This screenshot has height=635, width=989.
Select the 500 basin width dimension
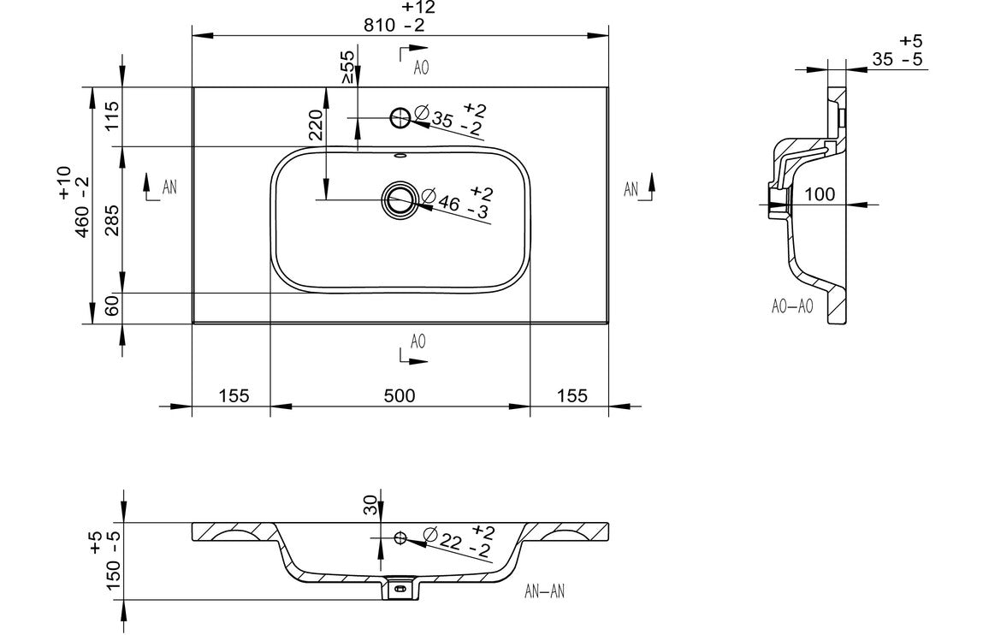coord(400,395)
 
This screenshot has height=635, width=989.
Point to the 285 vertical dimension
coord(112,220)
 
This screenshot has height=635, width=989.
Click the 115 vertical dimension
coord(112,116)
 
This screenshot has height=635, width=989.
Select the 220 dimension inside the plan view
coord(315,127)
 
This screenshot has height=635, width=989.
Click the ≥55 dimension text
coord(348,66)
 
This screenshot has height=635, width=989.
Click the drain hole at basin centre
coord(399,199)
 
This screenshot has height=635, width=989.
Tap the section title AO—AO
coord(792,306)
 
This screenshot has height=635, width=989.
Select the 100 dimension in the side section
coord(820,194)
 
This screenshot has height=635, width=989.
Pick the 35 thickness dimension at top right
coord(883,59)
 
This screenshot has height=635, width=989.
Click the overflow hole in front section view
coord(400,537)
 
